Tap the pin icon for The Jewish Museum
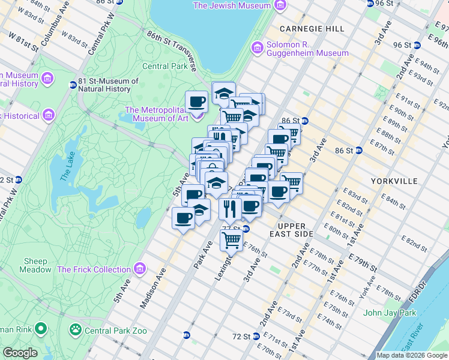[279, 5]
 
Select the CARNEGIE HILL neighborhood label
[310, 28]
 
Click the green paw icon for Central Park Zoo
[76, 329]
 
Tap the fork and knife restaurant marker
[229, 209]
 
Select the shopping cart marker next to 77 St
[231, 239]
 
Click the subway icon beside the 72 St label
[187, 335]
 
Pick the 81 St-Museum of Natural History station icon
[73, 85]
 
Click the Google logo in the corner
[20, 353]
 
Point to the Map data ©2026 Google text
[411, 355]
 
